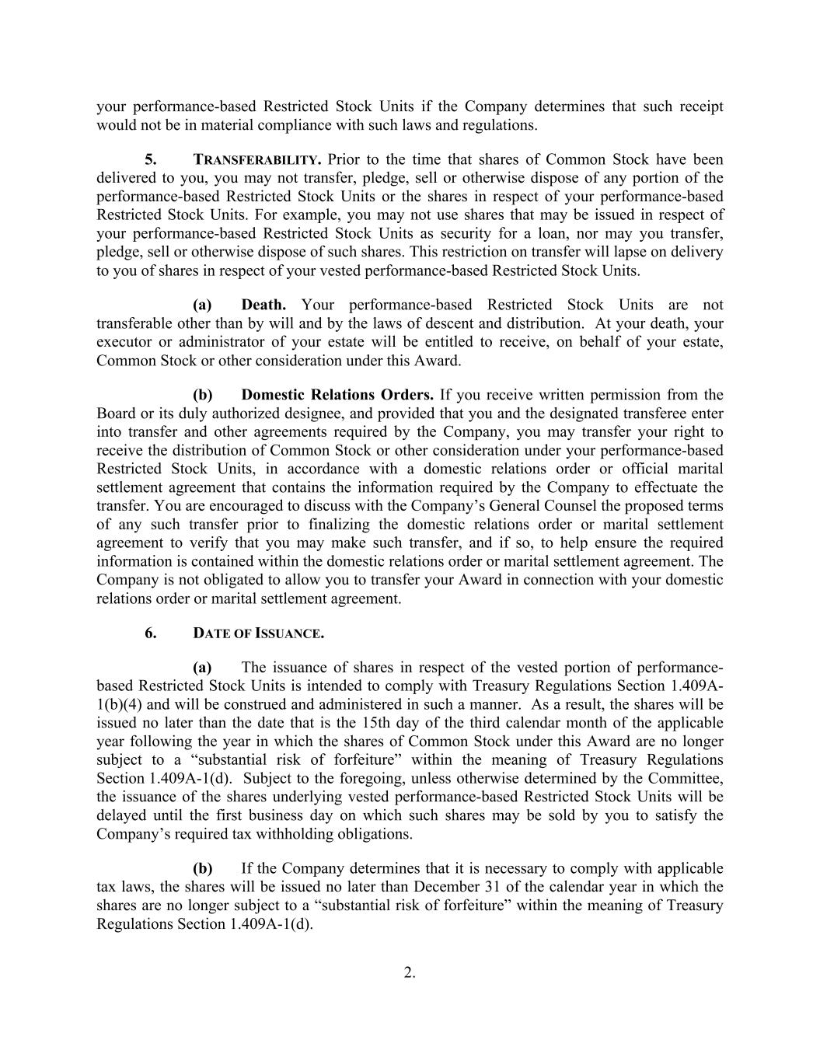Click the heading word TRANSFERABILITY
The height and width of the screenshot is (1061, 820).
(x=256, y=160)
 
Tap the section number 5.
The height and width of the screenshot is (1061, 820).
(x=150, y=159)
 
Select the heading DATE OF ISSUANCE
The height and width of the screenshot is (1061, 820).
(x=258, y=633)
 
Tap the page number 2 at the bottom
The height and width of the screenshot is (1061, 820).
(x=410, y=972)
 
